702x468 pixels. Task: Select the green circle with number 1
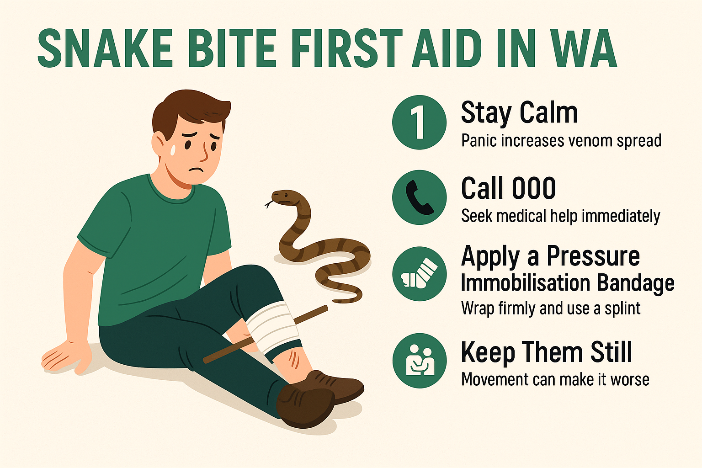point(419,122)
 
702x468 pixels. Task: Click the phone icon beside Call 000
point(419,197)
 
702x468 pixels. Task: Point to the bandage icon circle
point(419,273)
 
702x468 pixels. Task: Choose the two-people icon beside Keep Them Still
point(419,361)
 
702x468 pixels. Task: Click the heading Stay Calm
point(519,112)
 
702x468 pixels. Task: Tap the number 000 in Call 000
point(533,188)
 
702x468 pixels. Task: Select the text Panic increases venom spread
point(561,141)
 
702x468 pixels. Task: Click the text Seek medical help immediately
point(560,216)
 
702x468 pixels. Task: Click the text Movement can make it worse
point(555,379)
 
